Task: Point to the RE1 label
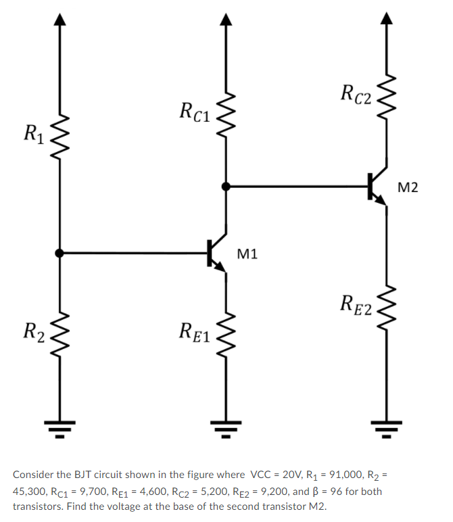[x=195, y=331]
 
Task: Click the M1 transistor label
[x=248, y=254]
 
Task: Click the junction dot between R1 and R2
[x=60, y=253]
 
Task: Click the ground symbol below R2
[x=60, y=427]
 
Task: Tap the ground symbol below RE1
[x=226, y=427]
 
